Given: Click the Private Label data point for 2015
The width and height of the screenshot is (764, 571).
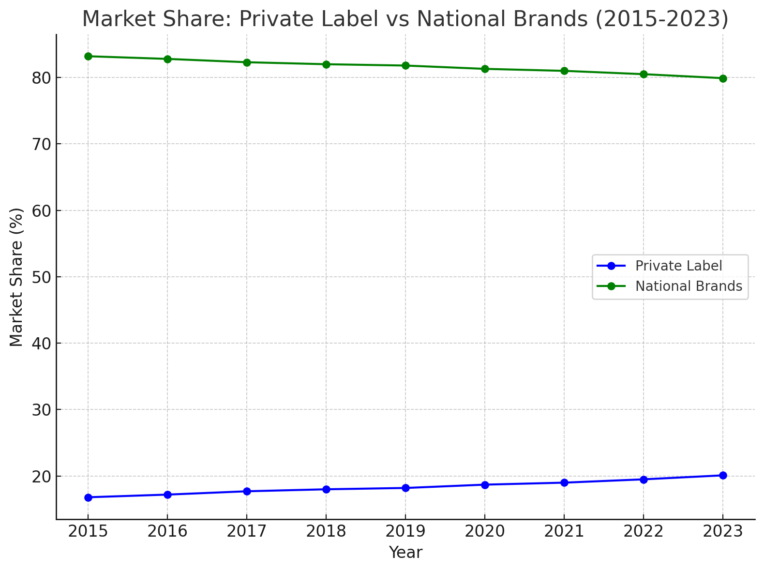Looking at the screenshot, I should tap(88, 497).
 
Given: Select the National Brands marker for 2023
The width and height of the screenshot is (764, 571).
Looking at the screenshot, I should tap(723, 78).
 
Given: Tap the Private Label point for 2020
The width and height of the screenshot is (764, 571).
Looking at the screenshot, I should tap(485, 485).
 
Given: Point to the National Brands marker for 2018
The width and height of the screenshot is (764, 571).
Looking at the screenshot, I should tap(326, 64).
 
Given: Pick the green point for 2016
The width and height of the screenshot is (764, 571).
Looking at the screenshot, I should tap(167, 59).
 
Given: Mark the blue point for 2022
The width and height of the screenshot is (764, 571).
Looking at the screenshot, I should tap(644, 480).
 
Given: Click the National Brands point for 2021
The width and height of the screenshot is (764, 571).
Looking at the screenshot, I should tap(564, 71).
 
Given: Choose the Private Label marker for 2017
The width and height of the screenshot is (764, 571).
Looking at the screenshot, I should tap(247, 491).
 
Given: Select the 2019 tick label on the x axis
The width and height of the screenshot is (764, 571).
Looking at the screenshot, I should tap(405, 532).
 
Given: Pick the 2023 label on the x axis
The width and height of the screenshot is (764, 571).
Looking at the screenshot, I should tap(723, 532).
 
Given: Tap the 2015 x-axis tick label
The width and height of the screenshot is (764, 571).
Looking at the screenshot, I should tap(88, 532).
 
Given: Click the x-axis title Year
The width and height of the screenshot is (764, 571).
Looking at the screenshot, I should tap(405, 553).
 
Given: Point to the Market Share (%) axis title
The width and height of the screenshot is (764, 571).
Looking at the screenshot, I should tap(16, 277).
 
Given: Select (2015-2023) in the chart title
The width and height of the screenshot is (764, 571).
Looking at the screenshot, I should tap(661, 19).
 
